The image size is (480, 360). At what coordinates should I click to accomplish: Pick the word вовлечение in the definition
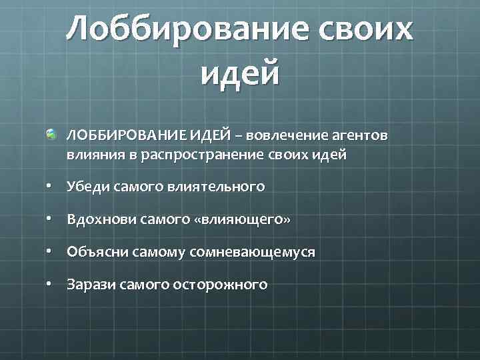(288, 136)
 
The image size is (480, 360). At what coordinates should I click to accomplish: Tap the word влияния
(90, 155)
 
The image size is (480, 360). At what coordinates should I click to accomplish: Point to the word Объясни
(93, 253)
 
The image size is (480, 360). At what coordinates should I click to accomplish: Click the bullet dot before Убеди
(50, 187)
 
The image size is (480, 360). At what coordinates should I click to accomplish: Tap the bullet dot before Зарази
(50, 285)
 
